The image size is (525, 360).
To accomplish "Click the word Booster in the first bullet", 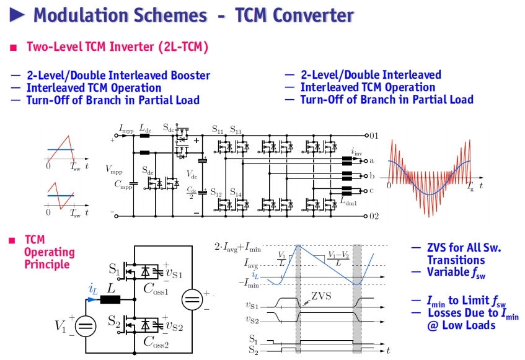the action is point(190,75).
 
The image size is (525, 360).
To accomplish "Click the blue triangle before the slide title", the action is point(17,15).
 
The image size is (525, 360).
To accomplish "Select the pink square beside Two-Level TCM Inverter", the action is point(14,48).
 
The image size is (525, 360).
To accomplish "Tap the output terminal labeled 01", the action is point(366,136).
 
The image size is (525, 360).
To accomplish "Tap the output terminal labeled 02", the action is point(366,216).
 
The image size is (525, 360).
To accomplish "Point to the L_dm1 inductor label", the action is point(348,201).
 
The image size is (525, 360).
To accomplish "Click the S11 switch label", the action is point(218,129).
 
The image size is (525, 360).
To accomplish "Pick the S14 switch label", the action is point(236,192).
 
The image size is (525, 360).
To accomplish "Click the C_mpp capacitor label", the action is point(123,185).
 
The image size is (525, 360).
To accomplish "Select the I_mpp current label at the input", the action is point(126,128).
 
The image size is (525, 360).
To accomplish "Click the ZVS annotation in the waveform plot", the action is point(321,296).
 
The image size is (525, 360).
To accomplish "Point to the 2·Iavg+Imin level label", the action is point(237,247).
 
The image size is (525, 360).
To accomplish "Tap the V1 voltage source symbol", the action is point(86,326).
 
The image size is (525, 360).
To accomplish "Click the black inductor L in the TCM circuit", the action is point(110,299).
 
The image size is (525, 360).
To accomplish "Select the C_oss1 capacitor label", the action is point(156,289).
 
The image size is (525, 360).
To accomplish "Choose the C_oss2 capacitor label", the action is point(156,342).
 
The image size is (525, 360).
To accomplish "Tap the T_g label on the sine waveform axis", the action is point(470,186).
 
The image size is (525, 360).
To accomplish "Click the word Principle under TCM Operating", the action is point(47,265).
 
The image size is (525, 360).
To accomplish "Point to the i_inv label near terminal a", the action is point(356,152).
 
